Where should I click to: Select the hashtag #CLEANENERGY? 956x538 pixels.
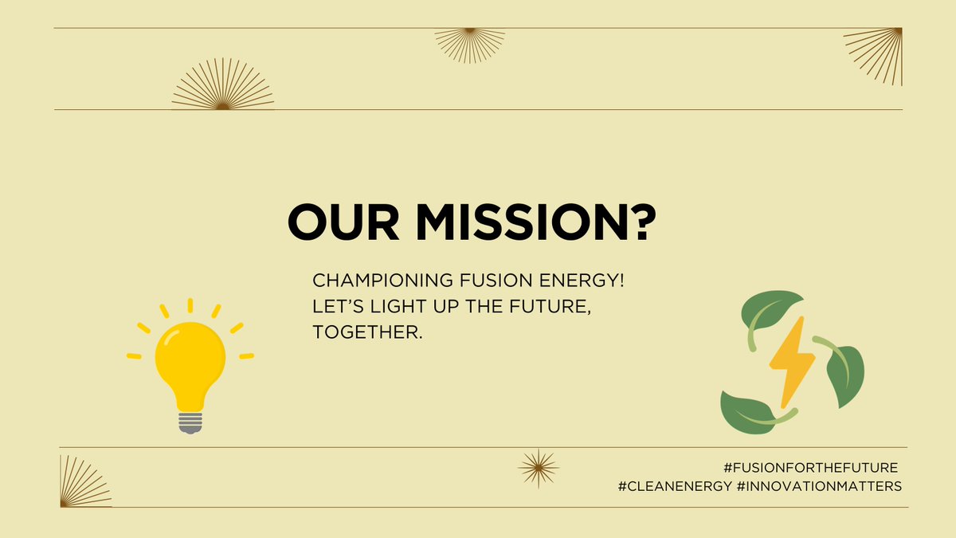674,486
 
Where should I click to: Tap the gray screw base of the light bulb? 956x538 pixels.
190,422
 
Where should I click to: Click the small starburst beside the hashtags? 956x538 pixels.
538,467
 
